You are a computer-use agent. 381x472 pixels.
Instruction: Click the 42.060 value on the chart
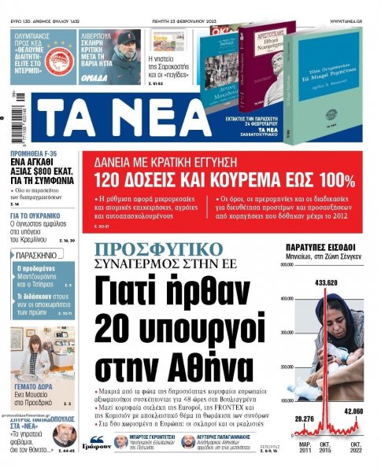coord(353,411)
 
